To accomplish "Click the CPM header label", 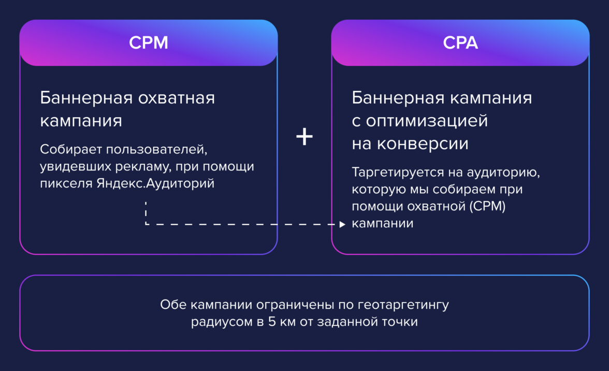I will coord(149,43).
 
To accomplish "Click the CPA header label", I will coord(460,43).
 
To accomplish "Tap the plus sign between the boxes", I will coord(304,137).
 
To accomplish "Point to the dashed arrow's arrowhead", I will coord(342,224).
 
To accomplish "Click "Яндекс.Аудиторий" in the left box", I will coord(155,183).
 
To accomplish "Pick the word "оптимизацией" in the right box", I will coord(427,121).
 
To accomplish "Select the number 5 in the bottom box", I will coord(271,322).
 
